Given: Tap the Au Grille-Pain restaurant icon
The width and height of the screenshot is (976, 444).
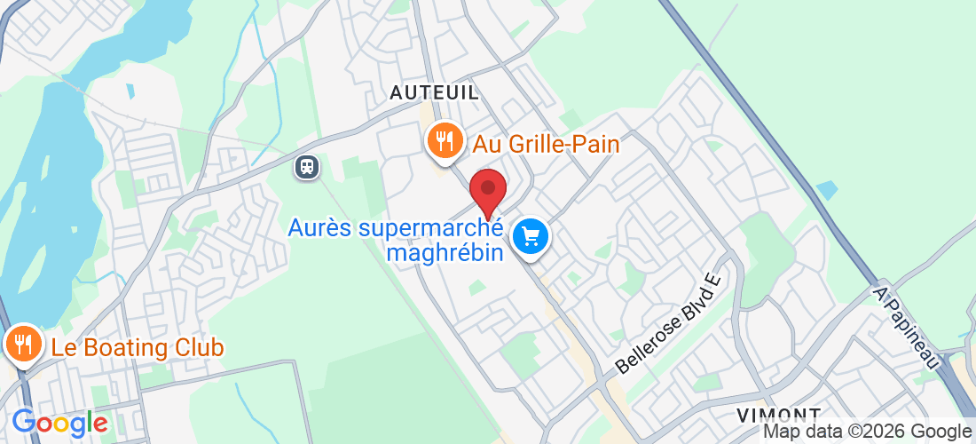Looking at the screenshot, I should (x=443, y=140).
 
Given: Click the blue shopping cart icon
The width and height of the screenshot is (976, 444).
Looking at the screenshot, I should (x=531, y=237).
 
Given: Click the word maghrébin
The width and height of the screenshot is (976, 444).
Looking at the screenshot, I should (x=446, y=253).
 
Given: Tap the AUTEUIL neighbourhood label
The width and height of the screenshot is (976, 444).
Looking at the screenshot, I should (x=435, y=92).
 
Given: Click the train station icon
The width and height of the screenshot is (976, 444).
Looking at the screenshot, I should (x=308, y=166).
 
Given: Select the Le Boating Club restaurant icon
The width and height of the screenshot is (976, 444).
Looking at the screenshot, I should (x=22, y=344).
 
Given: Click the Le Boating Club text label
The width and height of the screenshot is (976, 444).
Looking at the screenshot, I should (x=138, y=347).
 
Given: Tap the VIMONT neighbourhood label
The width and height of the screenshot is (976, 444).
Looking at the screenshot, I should (x=778, y=416).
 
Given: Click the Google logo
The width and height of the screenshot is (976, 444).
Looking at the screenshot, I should (x=59, y=422).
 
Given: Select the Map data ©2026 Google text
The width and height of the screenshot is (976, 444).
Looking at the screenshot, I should (x=868, y=432).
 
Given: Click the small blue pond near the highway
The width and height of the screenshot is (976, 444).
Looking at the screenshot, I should (x=826, y=190).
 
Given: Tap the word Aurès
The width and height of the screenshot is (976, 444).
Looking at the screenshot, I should (x=322, y=228).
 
